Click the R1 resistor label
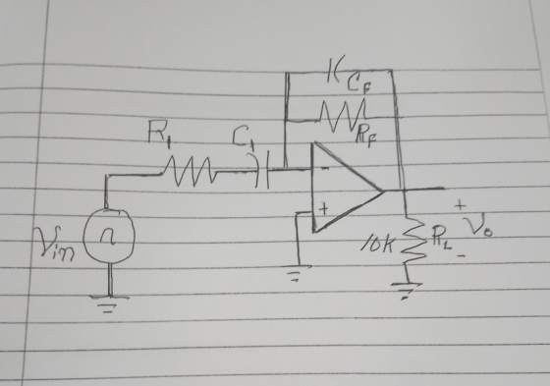tap(159, 133)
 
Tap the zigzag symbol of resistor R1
tap(189, 171)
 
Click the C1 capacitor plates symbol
tap(261, 170)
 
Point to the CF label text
tap(358, 85)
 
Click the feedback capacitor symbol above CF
tap(332, 70)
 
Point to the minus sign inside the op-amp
tap(325, 168)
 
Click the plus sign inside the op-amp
tap(324, 209)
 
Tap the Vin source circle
tap(109, 236)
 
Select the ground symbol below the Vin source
tap(109, 303)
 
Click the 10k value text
tap(377, 245)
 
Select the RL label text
tap(441, 236)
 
